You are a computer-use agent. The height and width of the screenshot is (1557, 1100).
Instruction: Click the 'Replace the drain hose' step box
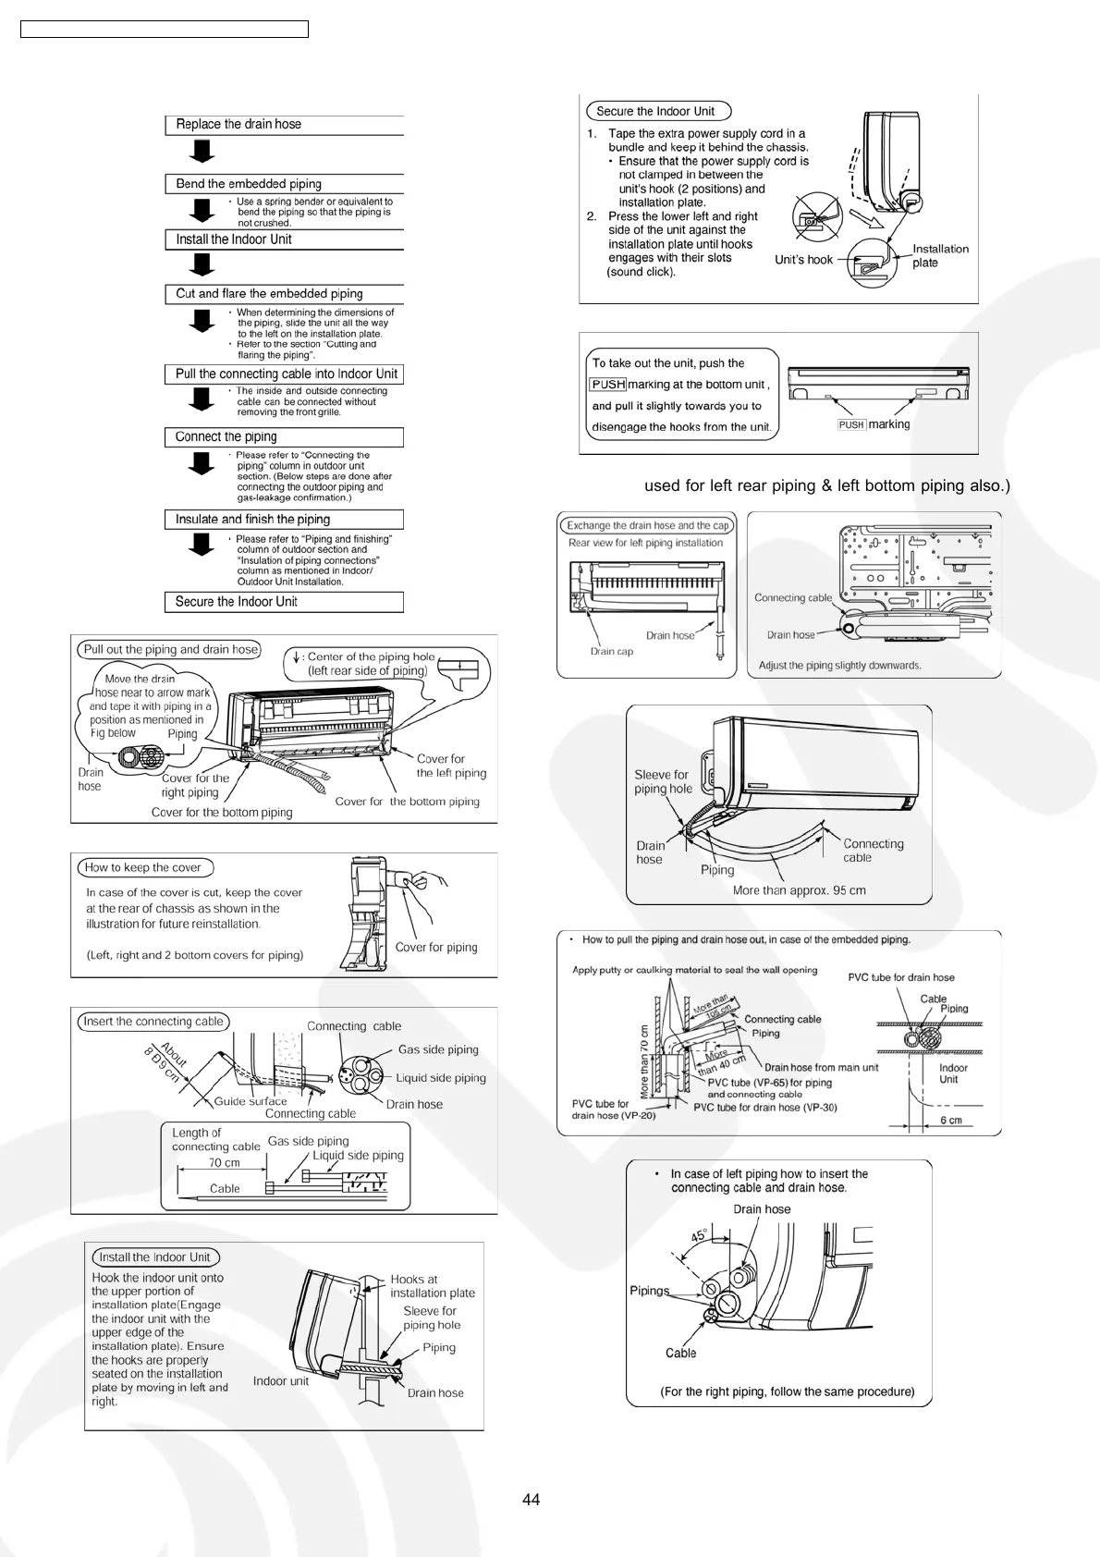point(284,125)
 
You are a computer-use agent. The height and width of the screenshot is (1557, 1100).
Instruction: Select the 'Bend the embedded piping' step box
point(284,184)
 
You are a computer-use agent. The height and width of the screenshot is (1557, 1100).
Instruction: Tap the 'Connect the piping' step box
point(284,437)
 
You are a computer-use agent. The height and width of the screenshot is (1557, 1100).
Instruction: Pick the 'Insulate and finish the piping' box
point(284,520)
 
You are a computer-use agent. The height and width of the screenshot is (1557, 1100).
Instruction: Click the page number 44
point(531,1500)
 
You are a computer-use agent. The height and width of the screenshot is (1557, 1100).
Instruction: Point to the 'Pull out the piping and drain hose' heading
point(171,650)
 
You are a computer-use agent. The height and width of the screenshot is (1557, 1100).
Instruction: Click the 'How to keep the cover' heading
point(143,868)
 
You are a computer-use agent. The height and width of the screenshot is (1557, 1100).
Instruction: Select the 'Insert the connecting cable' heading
point(153,1022)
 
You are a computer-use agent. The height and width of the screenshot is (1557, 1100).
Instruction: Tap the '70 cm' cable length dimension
point(224,1163)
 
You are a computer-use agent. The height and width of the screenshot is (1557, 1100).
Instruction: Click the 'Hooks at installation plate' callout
point(432,1286)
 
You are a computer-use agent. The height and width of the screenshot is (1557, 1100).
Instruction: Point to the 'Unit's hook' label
point(803,260)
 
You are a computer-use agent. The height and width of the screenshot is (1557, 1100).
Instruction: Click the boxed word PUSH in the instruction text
point(608,385)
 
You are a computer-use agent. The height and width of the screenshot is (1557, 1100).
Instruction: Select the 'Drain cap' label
point(612,652)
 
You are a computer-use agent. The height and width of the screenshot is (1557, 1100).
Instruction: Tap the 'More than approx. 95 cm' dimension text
point(799,891)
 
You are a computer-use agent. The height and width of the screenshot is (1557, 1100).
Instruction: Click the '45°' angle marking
point(700,1236)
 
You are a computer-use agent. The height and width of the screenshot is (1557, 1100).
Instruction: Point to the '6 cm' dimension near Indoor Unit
point(951,1121)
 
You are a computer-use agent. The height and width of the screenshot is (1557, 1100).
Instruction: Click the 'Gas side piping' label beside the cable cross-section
point(438,1050)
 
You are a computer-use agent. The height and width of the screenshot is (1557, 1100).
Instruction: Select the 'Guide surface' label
point(251,1101)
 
